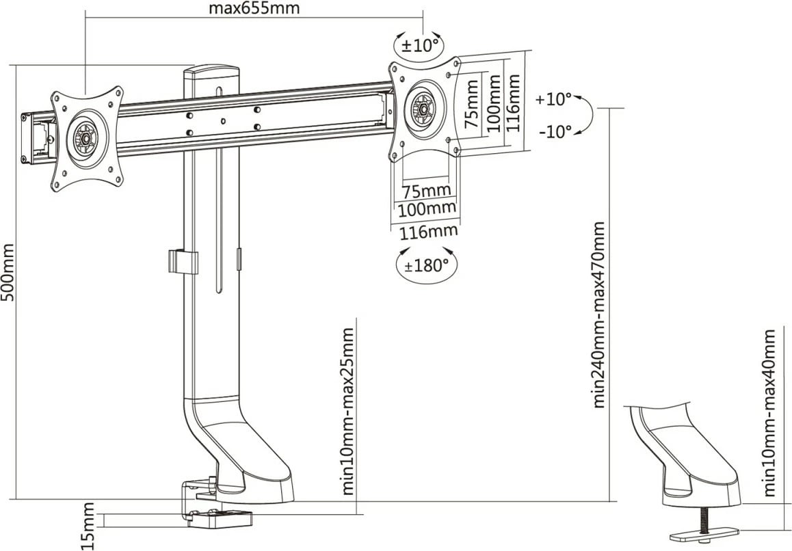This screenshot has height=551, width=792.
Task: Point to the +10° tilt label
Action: pyautogui.click(x=553, y=100)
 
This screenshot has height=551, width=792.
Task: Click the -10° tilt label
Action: pyautogui.click(x=555, y=131)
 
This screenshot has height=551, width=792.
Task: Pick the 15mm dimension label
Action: pyautogui.click(x=88, y=526)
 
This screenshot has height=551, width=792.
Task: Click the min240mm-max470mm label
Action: pyautogui.click(x=600, y=314)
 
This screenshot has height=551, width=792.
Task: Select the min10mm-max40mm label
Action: pyautogui.click(x=770, y=413)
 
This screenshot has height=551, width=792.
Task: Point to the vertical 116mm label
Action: pyautogui.click(x=516, y=103)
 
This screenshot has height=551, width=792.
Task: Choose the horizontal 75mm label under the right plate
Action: pyautogui.click(x=425, y=189)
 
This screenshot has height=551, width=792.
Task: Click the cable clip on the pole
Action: pyautogui.click(x=181, y=262)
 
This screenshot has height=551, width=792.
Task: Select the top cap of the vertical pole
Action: pyautogui.click(x=211, y=71)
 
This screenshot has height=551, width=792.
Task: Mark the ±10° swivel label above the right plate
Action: pyautogui.click(x=419, y=46)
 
